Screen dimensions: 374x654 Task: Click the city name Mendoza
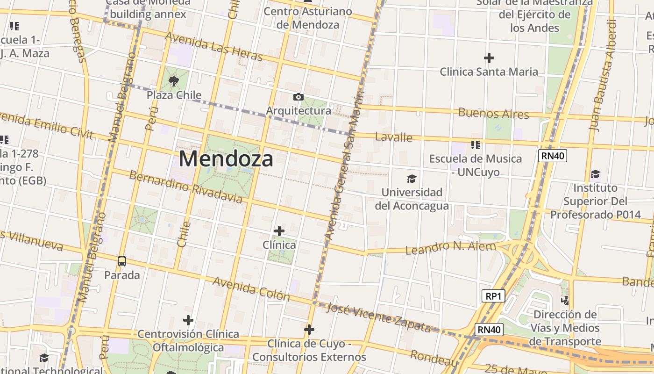click(x=226, y=159)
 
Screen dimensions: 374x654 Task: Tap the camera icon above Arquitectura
click(x=298, y=97)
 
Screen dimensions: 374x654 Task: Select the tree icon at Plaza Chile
click(x=174, y=81)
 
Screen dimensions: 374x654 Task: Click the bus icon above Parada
click(x=122, y=261)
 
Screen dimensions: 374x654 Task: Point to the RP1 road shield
click(x=493, y=296)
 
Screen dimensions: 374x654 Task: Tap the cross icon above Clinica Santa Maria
click(x=489, y=58)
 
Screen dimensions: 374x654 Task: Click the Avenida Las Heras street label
click(x=214, y=46)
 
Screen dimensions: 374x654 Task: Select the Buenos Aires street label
click(x=493, y=113)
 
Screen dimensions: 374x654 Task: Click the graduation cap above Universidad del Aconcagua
click(x=412, y=179)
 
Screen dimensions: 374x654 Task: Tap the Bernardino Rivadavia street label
click(x=185, y=187)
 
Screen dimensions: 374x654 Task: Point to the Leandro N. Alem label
click(x=450, y=247)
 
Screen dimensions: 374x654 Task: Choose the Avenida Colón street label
click(x=251, y=288)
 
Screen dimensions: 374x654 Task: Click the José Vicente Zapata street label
click(x=378, y=317)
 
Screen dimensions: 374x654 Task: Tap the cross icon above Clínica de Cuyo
click(x=309, y=330)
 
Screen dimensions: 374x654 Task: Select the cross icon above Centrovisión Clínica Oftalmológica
click(x=188, y=320)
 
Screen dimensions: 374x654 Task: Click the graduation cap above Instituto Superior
click(x=595, y=174)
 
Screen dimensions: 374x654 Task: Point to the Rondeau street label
click(x=434, y=358)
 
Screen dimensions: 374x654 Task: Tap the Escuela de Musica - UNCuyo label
click(x=475, y=165)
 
